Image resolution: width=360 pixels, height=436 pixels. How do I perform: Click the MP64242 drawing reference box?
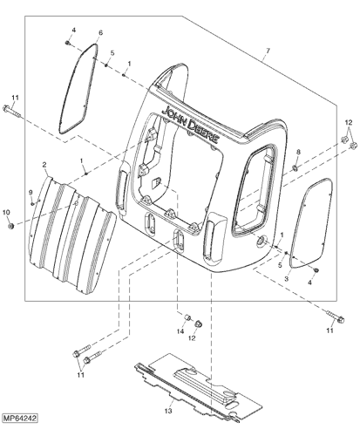[20, 419]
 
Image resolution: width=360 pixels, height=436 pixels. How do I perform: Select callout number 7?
[268, 51]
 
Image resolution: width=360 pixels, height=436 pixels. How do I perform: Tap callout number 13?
[168, 411]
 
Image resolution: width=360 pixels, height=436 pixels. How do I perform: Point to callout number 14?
[180, 331]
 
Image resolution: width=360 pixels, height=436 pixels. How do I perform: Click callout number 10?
[6, 213]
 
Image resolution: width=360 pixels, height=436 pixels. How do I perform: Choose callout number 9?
[31, 192]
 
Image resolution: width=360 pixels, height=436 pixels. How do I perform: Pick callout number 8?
[298, 152]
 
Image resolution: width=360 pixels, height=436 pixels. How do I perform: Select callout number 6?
[100, 32]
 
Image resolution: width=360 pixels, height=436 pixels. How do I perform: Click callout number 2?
[44, 165]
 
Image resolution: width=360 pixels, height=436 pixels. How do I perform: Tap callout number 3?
[287, 279]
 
